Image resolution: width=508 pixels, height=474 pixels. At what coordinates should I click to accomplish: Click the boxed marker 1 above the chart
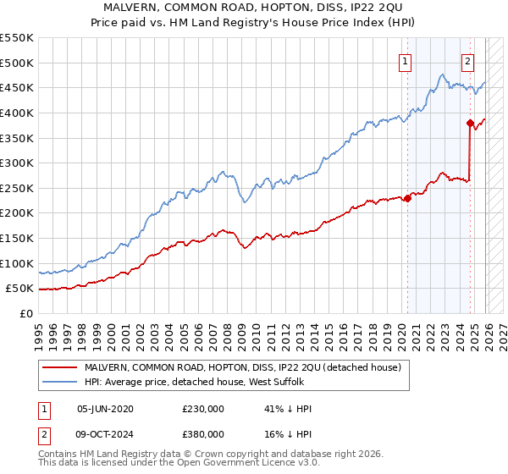406,60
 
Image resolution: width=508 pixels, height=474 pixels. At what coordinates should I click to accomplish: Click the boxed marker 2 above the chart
468,60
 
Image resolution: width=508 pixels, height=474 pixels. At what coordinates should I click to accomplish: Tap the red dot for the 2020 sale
407,198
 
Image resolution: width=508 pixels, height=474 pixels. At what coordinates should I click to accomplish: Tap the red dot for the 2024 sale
470,123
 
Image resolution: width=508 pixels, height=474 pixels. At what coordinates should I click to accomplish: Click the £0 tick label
25,313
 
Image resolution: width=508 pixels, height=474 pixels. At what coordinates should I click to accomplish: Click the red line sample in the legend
59,367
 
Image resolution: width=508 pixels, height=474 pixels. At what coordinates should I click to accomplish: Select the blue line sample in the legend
59,383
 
